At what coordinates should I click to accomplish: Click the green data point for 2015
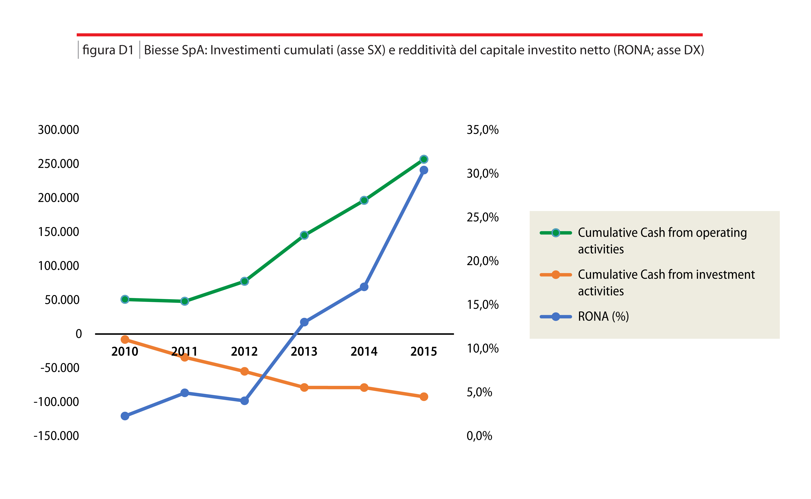click(x=424, y=159)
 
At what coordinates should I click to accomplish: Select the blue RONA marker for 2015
click(x=424, y=170)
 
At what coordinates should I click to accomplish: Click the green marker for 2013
click(x=304, y=235)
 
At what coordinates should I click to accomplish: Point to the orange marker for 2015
click(x=424, y=397)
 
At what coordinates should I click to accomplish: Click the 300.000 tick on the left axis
click(x=58, y=130)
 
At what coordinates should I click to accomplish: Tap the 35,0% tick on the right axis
click(x=482, y=130)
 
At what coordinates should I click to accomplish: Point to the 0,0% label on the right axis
click(x=479, y=436)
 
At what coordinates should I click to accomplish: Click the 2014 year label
click(x=364, y=351)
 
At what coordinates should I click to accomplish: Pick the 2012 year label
click(x=244, y=351)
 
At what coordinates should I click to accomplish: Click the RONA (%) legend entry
click(x=603, y=316)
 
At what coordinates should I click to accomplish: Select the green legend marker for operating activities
click(x=556, y=233)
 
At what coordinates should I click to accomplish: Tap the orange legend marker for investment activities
click(x=556, y=275)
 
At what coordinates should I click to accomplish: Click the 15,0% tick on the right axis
click(x=482, y=305)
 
